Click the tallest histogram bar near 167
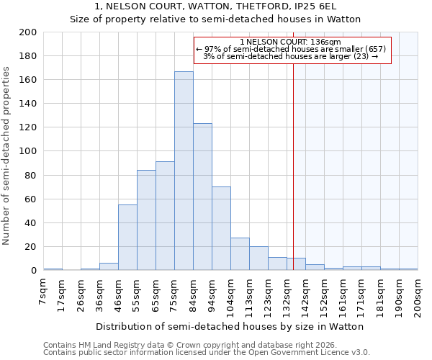184,171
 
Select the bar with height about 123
202,197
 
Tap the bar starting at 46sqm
127,238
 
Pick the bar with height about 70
221,228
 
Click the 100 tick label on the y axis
28,151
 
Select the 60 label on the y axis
31,199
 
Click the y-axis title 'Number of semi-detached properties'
7,156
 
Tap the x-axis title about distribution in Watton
230,326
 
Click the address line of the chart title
215,6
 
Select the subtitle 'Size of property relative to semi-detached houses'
215,19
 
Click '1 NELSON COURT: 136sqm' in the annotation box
291,42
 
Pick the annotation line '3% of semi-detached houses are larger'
291,56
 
